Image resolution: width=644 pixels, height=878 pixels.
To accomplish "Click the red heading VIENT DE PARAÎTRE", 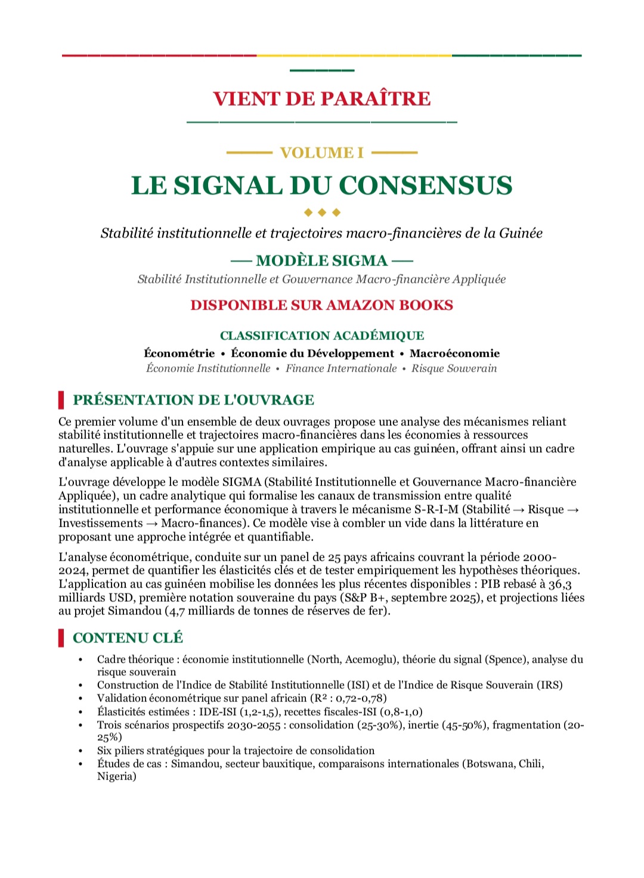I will click(x=322, y=98).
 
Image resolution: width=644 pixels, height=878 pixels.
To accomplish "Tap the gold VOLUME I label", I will click(x=322, y=153).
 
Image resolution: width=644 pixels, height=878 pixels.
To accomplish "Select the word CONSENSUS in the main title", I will click(x=426, y=186).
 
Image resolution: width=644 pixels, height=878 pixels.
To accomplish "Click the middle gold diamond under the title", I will click(x=322, y=212).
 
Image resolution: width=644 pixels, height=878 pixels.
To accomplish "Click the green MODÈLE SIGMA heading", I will click(x=322, y=261).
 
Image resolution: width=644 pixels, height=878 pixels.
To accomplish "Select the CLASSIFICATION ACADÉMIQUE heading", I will click(x=322, y=336).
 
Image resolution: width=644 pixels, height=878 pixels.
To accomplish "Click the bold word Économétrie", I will click(x=179, y=354).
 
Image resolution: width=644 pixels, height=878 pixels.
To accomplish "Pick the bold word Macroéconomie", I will click(x=454, y=354).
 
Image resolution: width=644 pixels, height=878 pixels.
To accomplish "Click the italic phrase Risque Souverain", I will click(x=454, y=369).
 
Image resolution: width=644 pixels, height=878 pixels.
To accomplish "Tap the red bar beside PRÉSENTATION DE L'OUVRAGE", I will click(x=61, y=400).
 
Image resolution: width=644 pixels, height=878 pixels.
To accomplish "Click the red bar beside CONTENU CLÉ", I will click(x=61, y=638).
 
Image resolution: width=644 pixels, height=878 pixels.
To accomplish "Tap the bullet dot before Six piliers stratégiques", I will click(x=80, y=751).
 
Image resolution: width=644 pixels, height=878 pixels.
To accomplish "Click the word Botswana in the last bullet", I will click(x=489, y=764).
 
